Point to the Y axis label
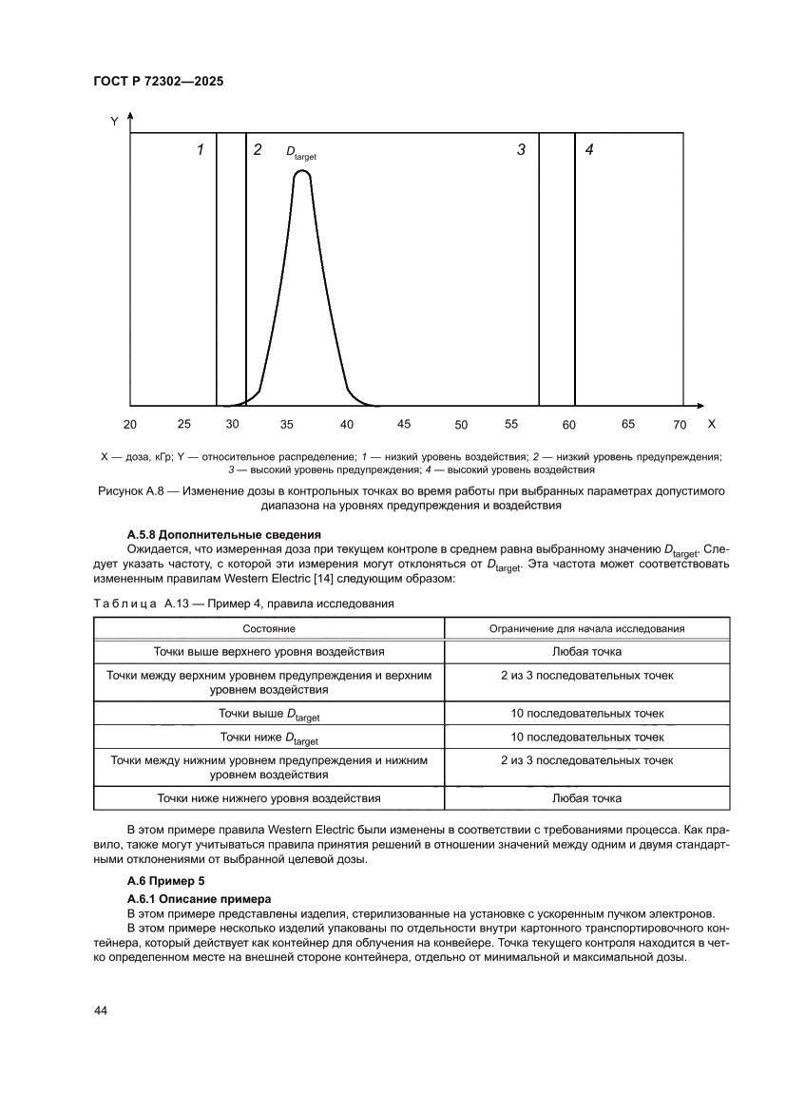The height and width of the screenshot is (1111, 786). click(114, 122)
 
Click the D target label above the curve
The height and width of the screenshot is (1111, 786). click(300, 152)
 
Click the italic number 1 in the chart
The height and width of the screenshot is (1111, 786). click(201, 150)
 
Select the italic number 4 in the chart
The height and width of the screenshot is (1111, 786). click(589, 150)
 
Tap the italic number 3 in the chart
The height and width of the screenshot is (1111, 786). click(521, 150)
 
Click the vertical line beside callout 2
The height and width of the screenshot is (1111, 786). click(246, 276)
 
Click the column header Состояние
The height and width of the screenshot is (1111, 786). click(269, 628)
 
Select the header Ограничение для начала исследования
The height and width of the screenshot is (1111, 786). click(587, 628)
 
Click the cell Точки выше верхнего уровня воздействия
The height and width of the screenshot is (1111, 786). click(269, 652)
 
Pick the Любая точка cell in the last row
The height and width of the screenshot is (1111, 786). click(587, 798)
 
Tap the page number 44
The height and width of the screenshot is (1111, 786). click(100, 1010)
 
